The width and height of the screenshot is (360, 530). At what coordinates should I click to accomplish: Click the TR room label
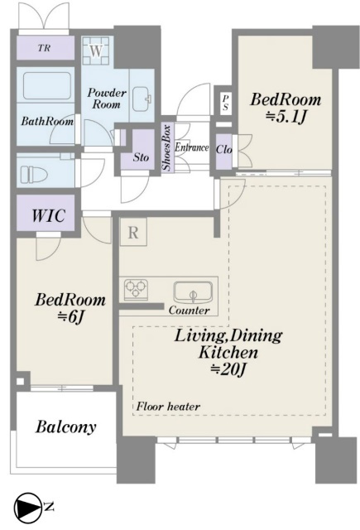44,48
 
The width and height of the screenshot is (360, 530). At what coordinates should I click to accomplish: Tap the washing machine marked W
96,51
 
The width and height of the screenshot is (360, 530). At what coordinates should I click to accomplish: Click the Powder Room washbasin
142,99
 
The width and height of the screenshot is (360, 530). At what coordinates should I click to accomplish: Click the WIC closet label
48,215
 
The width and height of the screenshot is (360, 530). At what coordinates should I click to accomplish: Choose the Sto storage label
141,157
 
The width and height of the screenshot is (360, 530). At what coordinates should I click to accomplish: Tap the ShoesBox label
167,147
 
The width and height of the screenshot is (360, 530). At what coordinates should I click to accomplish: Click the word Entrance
191,147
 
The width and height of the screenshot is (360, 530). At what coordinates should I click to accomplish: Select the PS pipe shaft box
225,103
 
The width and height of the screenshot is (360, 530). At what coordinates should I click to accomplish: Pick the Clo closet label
224,149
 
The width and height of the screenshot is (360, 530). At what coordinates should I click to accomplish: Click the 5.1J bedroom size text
286,117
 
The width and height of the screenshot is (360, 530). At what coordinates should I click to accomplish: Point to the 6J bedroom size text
70,316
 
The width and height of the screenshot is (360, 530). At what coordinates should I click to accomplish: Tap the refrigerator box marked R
133,232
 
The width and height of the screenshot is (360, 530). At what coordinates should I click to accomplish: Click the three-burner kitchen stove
136,289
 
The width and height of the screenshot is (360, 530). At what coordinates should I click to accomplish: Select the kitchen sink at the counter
193,292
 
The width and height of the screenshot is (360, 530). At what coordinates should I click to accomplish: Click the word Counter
189,310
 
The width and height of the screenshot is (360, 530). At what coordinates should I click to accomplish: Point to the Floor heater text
168,406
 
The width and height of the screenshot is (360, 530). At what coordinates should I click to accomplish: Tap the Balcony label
66,427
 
